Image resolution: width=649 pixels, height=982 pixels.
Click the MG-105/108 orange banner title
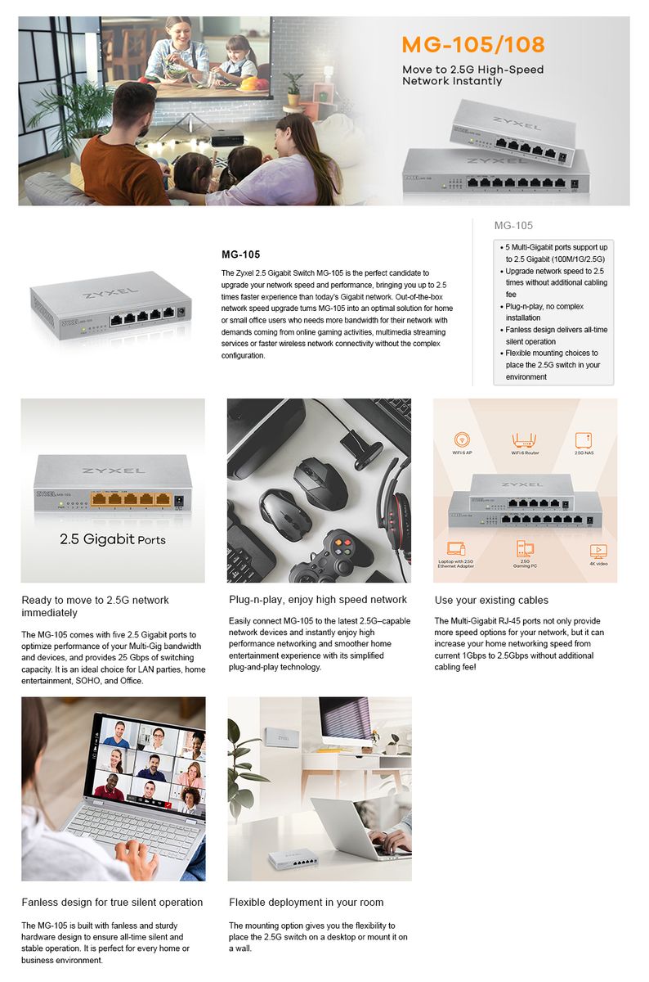472,44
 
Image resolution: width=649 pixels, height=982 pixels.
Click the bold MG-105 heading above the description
241,255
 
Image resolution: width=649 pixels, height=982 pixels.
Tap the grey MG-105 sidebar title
513,225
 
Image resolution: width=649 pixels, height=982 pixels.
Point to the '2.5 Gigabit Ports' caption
113,540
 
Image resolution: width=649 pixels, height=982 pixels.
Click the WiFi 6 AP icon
462,440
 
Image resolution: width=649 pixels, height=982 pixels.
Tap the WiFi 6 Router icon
525,440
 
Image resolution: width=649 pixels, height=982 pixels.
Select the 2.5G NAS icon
584,440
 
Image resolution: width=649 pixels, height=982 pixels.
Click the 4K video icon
598,551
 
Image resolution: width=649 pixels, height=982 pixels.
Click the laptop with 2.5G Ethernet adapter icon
455,549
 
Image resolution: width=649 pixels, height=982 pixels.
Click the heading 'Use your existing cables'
491,601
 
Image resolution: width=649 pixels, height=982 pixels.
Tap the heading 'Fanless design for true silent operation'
112,902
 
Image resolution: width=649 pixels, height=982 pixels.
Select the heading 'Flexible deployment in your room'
306,902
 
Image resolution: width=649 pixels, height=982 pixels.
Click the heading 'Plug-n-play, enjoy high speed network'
318,600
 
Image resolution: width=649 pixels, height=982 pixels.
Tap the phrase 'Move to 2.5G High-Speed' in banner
472,70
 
